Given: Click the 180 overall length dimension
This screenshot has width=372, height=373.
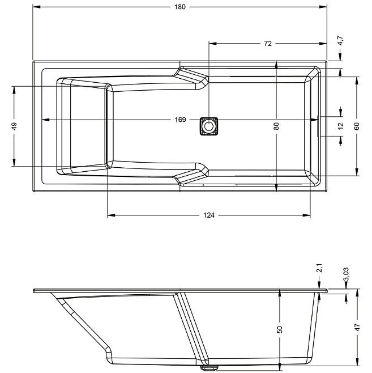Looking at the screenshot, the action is [180, 7].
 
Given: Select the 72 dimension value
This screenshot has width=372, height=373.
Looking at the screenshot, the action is [267, 44].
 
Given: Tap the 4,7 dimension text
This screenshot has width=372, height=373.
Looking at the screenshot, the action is [340, 41].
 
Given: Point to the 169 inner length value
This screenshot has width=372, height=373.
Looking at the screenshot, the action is [180, 120].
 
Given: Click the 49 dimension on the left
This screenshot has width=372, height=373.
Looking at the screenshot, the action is [14, 126].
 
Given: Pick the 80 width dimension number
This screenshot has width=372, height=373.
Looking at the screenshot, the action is [276, 126].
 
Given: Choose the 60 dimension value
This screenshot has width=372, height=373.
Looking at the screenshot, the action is [357, 126].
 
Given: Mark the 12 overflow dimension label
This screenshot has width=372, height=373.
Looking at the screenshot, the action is [341, 126].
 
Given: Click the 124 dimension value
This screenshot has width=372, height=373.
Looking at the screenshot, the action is [209, 215].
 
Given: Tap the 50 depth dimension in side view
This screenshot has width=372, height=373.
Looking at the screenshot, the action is [280, 329].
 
